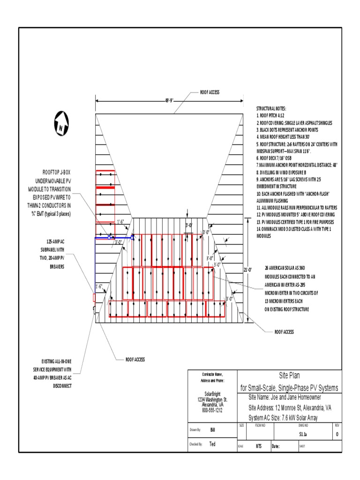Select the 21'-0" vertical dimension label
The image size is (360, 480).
tap(248, 270)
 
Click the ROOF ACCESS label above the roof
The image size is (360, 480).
tap(210, 92)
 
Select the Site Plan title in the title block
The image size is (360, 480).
tap(289, 375)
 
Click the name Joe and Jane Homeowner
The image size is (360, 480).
tap(285, 398)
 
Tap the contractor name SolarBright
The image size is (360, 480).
tap(212, 394)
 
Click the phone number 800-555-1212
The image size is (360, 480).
tap(212, 410)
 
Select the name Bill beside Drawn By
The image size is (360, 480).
tap(212, 429)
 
